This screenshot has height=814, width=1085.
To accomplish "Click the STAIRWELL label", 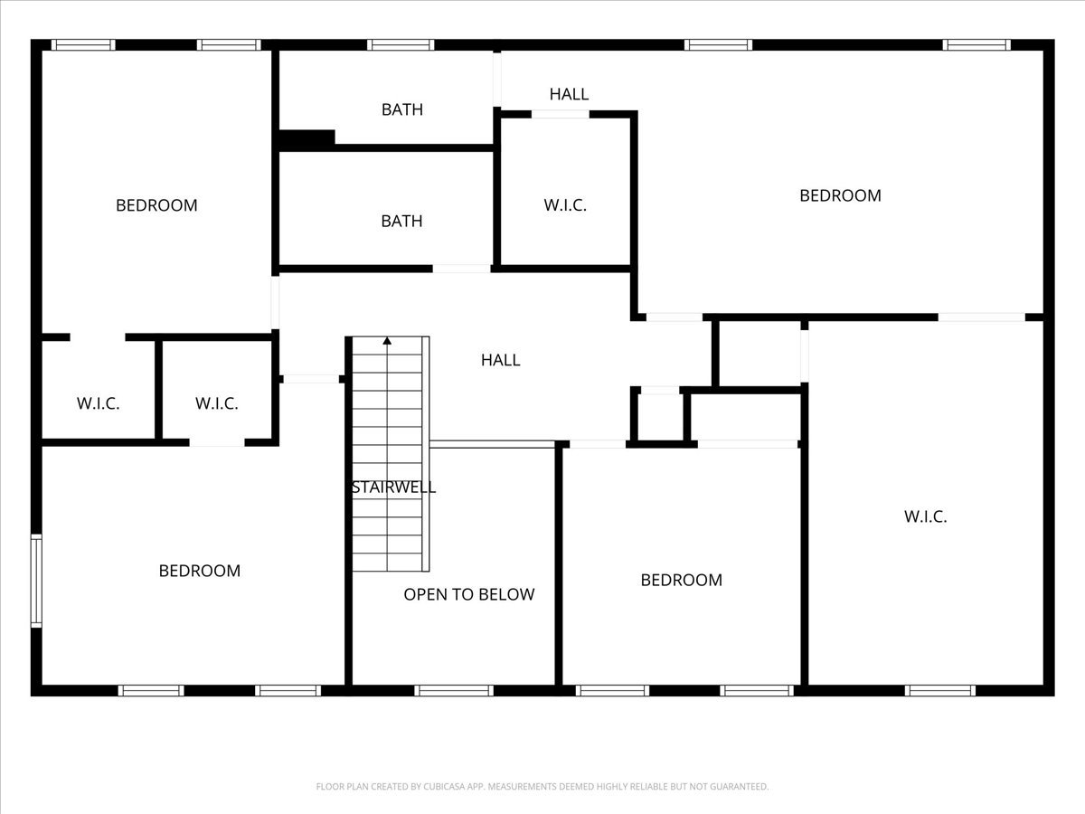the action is (x=393, y=487).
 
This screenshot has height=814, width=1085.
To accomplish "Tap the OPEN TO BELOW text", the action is (x=469, y=594).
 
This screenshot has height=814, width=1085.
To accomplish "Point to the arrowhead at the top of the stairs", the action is (x=387, y=341).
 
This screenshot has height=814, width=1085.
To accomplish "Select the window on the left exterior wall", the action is (x=36, y=581).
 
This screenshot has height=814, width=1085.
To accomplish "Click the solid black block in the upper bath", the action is (x=307, y=138).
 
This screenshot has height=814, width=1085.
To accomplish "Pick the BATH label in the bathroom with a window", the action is (x=401, y=109).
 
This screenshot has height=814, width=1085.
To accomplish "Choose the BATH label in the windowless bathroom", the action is (x=401, y=221).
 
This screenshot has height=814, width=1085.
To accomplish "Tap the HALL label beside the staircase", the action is (x=500, y=360).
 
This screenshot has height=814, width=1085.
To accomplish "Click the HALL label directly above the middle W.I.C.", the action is (x=569, y=94).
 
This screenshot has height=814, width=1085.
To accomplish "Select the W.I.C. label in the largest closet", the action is (x=925, y=516).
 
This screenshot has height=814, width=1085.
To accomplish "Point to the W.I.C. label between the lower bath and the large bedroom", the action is (x=565, y=205).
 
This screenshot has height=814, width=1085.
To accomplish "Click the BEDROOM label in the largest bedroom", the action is (x=840, y=195).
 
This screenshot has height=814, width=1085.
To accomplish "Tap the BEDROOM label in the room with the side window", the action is (x=200, y=571).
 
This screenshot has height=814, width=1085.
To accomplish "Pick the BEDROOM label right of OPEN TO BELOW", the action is (x=681, y=580).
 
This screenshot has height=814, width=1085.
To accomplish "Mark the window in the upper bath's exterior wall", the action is (x=401, y=45).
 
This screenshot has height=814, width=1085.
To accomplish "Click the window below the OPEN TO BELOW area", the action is (x=454, y=690).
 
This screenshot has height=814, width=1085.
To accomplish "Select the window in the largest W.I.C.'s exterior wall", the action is (x=940, y=690).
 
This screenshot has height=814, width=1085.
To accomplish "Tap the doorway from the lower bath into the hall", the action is (x=462, y=269).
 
